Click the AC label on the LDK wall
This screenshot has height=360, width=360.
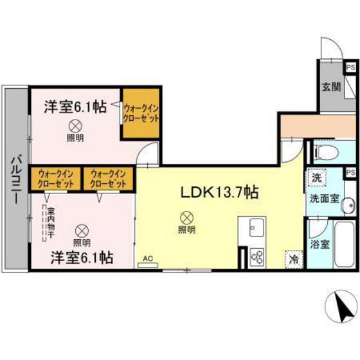pyautogui.click(x=147, y=259)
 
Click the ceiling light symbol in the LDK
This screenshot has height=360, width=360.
pyautogui.click(x=186, y=217)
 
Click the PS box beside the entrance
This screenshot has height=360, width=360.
pyautogui.click(x=350, y=67)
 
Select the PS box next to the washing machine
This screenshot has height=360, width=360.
pyautogui.click(x=350, y=172)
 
